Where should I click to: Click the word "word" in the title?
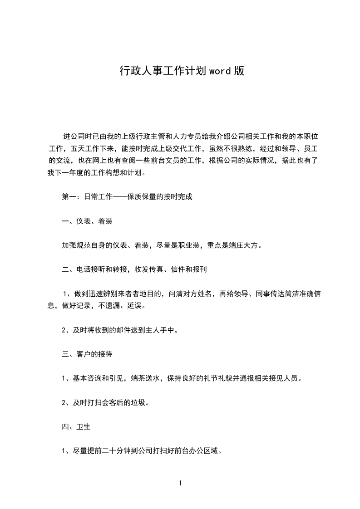(x=219, y=71)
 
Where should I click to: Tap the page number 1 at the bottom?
(x=180, y=483)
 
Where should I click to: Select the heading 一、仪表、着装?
(x=87, y=221)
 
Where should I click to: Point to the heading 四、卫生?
(x=76, y=426)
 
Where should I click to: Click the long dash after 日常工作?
(x=117, y=197)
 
